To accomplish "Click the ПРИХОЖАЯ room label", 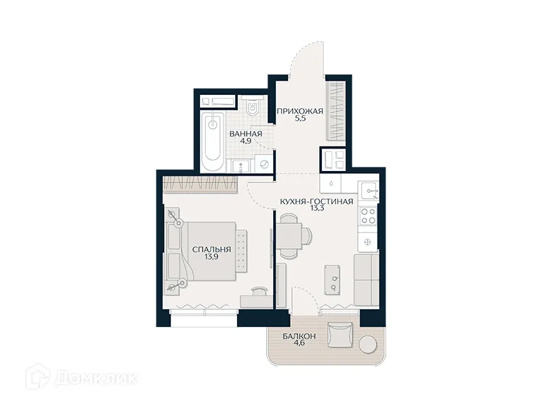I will click(x=298, y=111).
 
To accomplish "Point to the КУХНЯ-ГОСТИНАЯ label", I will click(x=316, y=201).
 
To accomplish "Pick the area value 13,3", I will click(x=316, y=210).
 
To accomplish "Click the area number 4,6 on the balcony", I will click(x=289, y=344).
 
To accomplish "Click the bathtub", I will click(x=212, y=140).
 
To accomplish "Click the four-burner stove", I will click(x=368, y=216).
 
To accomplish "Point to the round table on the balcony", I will click(x=367, y=345).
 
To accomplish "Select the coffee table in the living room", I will click(x=333, y=279).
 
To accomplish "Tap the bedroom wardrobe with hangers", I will click(x=201, y=183).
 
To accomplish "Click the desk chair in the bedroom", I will click(x=259, y=292).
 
